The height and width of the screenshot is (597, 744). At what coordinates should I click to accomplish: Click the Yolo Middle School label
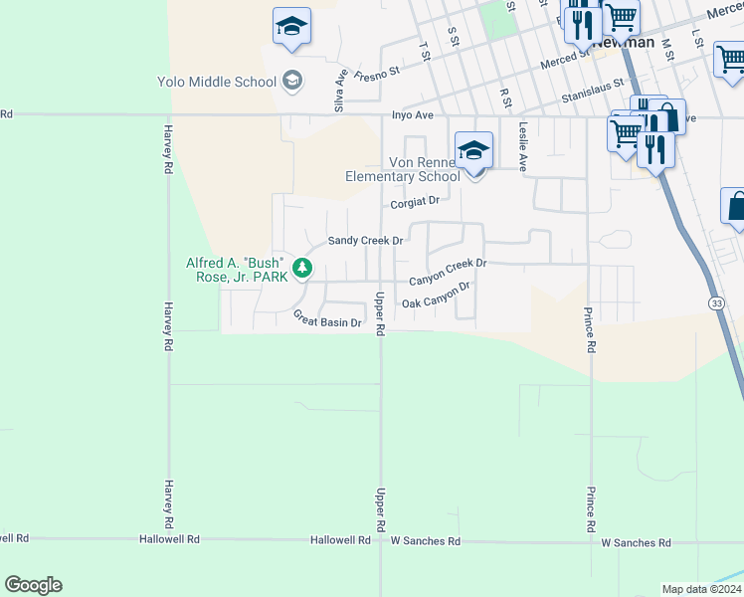tap(216, 81)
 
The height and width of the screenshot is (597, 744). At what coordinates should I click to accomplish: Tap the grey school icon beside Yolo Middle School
tap(292, 80)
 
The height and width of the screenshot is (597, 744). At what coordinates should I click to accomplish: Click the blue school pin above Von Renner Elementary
tap(474, 152)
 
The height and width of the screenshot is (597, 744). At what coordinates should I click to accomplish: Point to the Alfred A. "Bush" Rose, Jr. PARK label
tap(237, 270)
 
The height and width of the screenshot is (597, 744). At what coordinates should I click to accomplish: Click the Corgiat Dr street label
tap(414, 202)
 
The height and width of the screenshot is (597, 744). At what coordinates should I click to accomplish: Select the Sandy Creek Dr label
tap(365, 241)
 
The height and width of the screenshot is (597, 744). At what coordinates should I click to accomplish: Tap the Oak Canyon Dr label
tap(435, 296)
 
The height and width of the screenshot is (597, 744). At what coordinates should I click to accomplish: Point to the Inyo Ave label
tap(412, 115)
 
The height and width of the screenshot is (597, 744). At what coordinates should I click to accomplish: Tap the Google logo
tap(33, 585)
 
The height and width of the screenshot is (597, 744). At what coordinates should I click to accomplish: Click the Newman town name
tap(623, 43)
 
